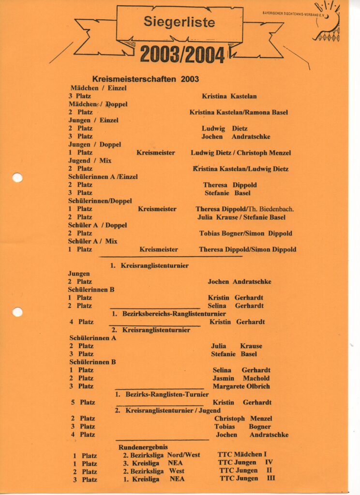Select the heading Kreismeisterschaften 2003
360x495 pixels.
point(145,79)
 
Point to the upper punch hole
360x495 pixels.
point(17,177)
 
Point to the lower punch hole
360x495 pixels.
point(17,312)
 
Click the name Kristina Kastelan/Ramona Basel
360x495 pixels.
point(239,112)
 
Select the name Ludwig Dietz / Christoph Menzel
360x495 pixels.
point(240,153)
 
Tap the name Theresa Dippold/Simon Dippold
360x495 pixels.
point(247,249)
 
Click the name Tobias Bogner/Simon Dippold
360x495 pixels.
point(245,233)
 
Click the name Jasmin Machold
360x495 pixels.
point(241,378)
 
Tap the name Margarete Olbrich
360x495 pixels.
point(241,386)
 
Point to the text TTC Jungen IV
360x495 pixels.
point(246,463)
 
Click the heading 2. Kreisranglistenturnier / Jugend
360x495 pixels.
point(167,410)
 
